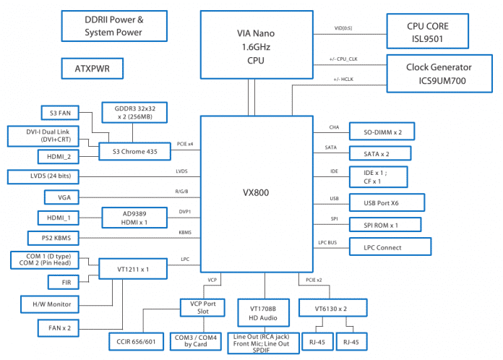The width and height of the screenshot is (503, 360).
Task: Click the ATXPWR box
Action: [x=91, y=69]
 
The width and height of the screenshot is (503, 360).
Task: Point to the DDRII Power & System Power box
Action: [x=113, y=26]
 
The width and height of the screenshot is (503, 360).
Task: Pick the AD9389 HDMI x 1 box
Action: [x=135, y=217]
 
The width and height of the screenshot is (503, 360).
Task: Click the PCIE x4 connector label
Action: [x=185, y=145]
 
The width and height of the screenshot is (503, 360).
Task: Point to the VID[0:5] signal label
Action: [x=343, y=28]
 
